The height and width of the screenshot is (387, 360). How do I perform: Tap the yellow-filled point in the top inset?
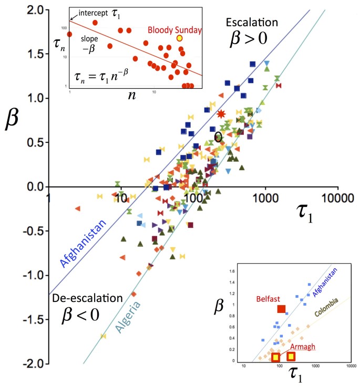[180, 38]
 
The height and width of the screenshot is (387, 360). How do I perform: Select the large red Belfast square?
[281, 309]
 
